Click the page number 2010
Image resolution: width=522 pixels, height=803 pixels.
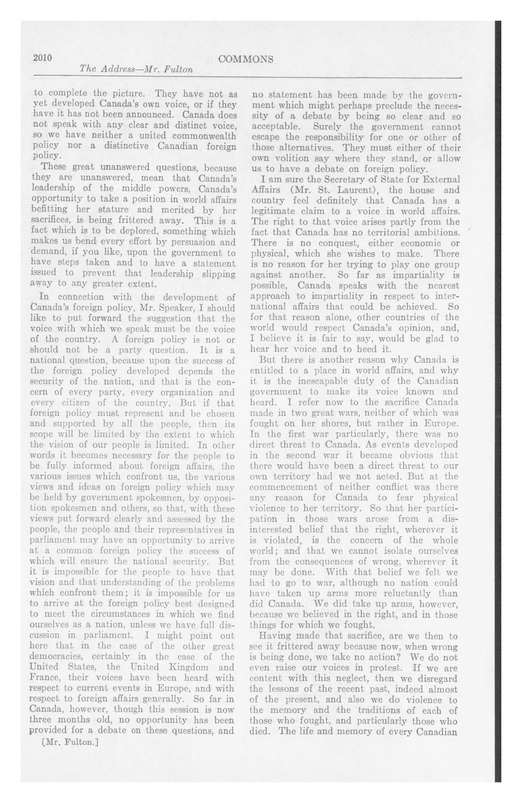(x=42, y=58)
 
